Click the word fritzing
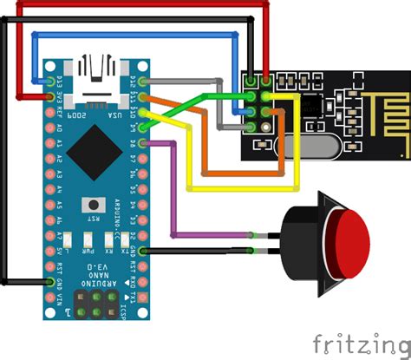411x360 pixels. tap(360, 338)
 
